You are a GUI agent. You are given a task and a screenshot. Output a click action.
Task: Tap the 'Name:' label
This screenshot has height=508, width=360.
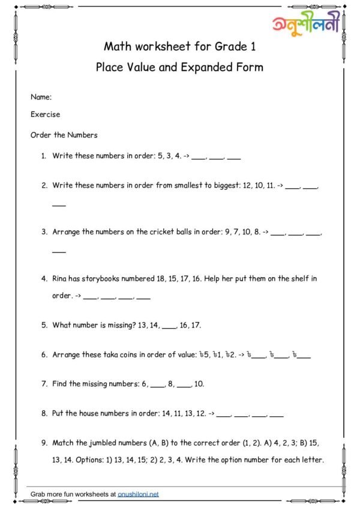pos(41,97)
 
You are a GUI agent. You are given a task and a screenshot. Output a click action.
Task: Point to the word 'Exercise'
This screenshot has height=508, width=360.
pos(45,115)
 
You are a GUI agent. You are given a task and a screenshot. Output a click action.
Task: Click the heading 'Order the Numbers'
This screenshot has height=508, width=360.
pos(64,135)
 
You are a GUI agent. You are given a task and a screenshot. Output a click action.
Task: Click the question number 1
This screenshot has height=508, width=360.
pos(43,156)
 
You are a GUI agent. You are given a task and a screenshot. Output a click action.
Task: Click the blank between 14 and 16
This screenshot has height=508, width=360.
pos(169,326)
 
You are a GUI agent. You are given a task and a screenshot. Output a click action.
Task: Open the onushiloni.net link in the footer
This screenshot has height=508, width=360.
pos(138,494)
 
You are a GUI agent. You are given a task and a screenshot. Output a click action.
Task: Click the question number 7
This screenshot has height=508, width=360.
pos(44,384)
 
